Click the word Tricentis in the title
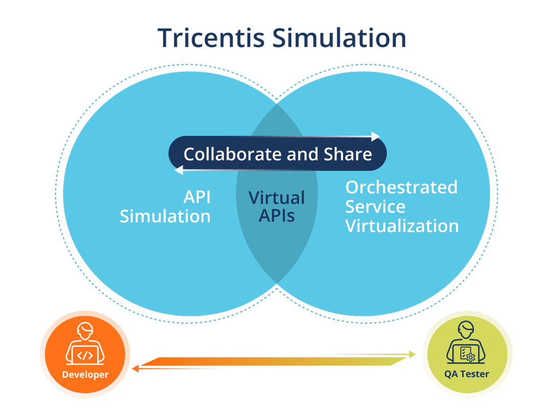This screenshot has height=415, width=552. coord(210,38)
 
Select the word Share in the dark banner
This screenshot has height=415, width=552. coord(348,154)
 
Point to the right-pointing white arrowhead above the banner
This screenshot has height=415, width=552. coord(376,136)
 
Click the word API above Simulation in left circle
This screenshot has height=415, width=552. coord(197,197)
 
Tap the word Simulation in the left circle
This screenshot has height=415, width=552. coord(165,216)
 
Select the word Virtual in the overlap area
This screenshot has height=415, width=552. coord(277,197)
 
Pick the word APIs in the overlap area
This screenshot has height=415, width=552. coord(277,216)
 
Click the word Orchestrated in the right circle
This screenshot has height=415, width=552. coord(401,187)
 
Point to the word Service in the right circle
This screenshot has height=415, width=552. coord(375,206)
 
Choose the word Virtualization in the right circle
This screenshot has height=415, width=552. coord(402,226)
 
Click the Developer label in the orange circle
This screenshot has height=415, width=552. coord(85,375)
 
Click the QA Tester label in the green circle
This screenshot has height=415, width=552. coord(466,374)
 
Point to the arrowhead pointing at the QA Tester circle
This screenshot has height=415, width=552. coord(413,354)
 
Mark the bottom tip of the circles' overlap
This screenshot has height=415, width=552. coord(277,284)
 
